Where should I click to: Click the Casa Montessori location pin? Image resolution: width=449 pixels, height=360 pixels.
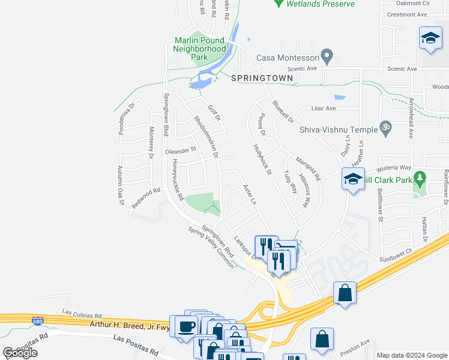tap(327, 57)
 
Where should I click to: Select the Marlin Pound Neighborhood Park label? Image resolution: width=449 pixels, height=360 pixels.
tap(200, 49)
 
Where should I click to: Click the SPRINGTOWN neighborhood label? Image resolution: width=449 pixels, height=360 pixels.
tap(262, 79)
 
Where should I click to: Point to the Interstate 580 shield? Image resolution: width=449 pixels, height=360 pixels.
tap(38, 321)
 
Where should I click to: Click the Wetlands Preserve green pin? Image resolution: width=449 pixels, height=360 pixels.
tap(278, 3)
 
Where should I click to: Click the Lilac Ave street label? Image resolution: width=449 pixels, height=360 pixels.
tap(323, 109)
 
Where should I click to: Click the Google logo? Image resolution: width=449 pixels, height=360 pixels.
tap(20, 353)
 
